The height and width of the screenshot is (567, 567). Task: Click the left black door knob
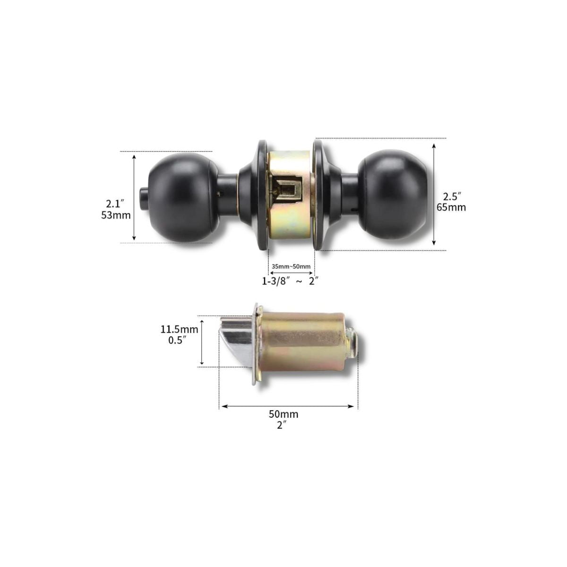click(x=184, y=199)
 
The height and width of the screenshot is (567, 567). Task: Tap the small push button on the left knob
click(x=144, y=194)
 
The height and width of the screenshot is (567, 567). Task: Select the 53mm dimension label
click(x=116, y=215)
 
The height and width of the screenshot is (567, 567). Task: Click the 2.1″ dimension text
click(x=115, y=203)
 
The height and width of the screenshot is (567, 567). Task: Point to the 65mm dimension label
click(x=451, y=207)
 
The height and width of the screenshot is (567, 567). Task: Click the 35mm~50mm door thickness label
click(x=291, y=266)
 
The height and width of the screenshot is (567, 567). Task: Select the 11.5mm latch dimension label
click(x=179, y=329)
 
